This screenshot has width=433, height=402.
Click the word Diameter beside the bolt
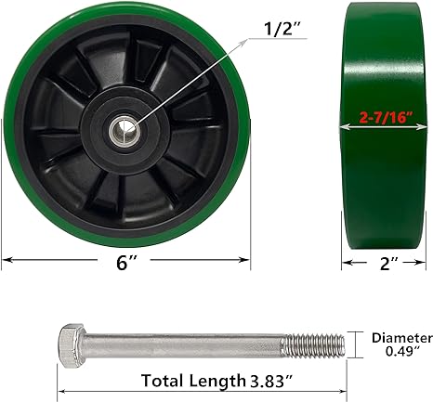[x=401, y=337]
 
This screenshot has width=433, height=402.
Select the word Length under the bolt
[x=219, y=380]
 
